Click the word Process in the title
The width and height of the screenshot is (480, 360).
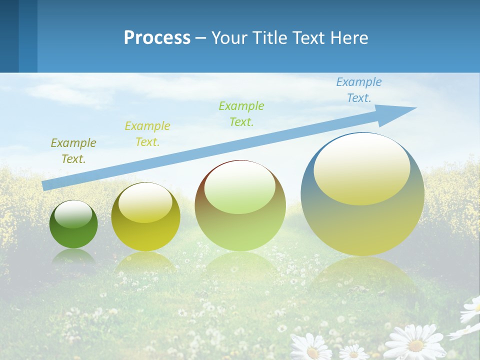pos(157,38)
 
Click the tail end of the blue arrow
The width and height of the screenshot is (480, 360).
pos(46,185)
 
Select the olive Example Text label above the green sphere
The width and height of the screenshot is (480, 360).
pos(73,151)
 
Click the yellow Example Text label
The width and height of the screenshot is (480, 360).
pos(147,134)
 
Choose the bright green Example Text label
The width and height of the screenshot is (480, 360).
pos(241,113)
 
